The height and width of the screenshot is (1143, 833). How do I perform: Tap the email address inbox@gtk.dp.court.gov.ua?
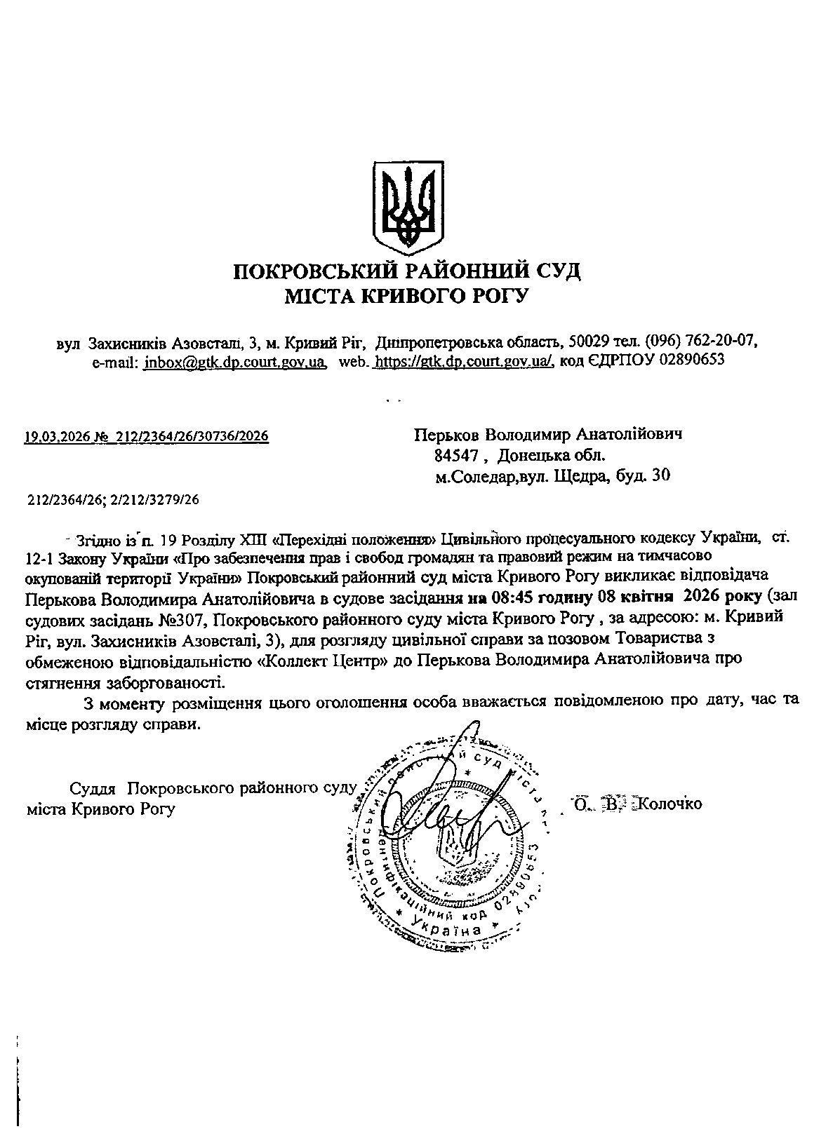[234, 362]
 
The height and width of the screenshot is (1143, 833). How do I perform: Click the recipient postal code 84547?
[456, 456]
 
